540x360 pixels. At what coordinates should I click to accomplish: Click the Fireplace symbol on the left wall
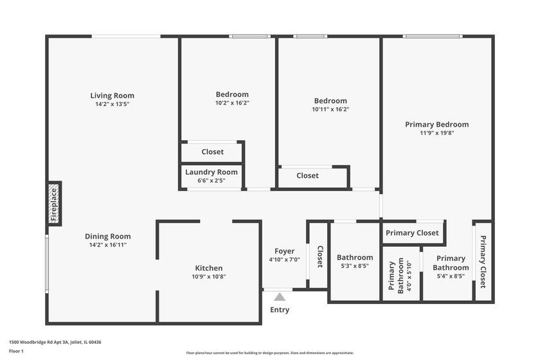pyautogui.click(x=55, y=203)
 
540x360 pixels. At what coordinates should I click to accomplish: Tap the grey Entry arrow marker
pyautogui.click(x=280, y=297)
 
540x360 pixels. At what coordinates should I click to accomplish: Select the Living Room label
pyautogui.click(x=112, y=96)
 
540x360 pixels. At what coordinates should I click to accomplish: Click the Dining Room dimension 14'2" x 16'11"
pyautogui.click(x=112, y=245)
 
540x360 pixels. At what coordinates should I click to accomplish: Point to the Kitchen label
pyautogui.click(x=209, y=268)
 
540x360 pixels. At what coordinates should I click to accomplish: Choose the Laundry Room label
pyautogui.click(x=212, y=172)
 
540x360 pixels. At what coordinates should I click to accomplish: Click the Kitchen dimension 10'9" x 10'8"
pyautogui.click(x=209, y=277)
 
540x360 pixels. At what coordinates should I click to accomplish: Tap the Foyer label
pyautogui.click(x=284, y=251)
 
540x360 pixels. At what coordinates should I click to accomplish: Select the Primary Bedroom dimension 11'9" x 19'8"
pyautogui.click(x=437, y=133)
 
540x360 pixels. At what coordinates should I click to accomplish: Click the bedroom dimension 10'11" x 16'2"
pyautogui.click(x=330, y=109)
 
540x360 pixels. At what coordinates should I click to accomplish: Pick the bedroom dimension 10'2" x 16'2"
pyautogui.click(x=232, y=103)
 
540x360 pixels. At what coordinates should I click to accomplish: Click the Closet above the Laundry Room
pyautogui.click(x=213, y=152)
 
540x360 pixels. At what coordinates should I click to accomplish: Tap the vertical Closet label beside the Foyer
pyautogui.click(x=319, y=256)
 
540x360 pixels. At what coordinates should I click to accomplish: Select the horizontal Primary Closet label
pyautogui.click(x=413, y=233)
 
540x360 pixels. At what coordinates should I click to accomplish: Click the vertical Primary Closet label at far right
pyautogui.click(x=483, y=262)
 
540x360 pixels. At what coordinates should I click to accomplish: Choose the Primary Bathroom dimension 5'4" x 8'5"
pyautogui.click(x=450, y=276)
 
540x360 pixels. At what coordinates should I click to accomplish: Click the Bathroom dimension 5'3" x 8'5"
pyautogui.click(x=355, y=266)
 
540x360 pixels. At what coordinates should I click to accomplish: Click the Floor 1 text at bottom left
pyautogui.click(x=16, y=351)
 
